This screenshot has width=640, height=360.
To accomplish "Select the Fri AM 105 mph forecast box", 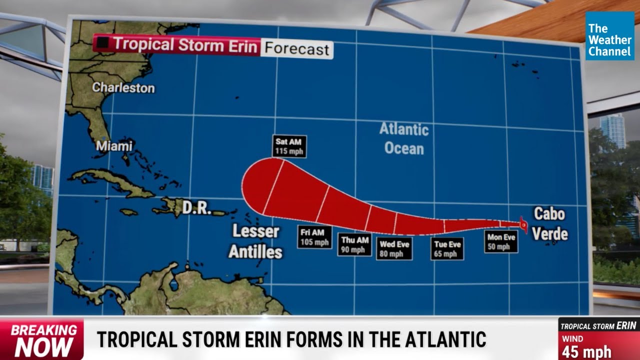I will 315,237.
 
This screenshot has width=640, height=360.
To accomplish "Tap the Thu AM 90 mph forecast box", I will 354,244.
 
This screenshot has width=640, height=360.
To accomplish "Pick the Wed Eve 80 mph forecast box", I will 394,248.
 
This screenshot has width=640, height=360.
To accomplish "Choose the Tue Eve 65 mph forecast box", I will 447,248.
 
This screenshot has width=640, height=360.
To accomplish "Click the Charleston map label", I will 123,87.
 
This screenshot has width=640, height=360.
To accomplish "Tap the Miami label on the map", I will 114,146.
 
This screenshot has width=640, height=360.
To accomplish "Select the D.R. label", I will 196,208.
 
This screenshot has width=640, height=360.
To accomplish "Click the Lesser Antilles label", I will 255,241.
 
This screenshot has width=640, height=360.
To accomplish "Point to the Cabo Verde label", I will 549,223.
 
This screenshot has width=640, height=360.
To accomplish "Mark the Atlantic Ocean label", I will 404,138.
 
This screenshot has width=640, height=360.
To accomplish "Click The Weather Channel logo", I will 609,36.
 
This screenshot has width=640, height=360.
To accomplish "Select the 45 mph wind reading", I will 586,351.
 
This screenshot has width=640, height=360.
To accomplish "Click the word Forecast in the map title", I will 297,49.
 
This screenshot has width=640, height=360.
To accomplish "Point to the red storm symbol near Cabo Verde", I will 523,225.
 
